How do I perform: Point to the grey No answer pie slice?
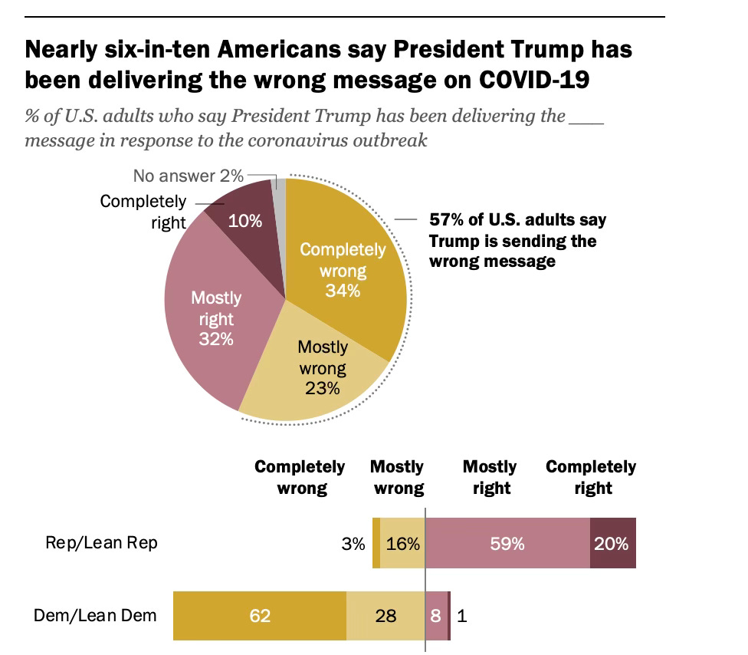coord(280,188)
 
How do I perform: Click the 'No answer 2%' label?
coord(189,176)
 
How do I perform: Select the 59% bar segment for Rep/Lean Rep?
coord(507,544)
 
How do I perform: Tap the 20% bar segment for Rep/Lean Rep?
coord(612,544)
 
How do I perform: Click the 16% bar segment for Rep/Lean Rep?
coord(402,544)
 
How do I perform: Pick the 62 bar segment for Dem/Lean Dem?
coord(260,615)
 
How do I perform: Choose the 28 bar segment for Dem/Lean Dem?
coord(385,615)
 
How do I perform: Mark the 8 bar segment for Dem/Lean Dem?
coord(435,615)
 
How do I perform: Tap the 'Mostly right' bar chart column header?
coord(490,477)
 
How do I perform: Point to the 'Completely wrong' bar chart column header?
coord(300,477)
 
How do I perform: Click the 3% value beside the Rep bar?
coord(353,544)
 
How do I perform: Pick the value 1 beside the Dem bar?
coord(461,615)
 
